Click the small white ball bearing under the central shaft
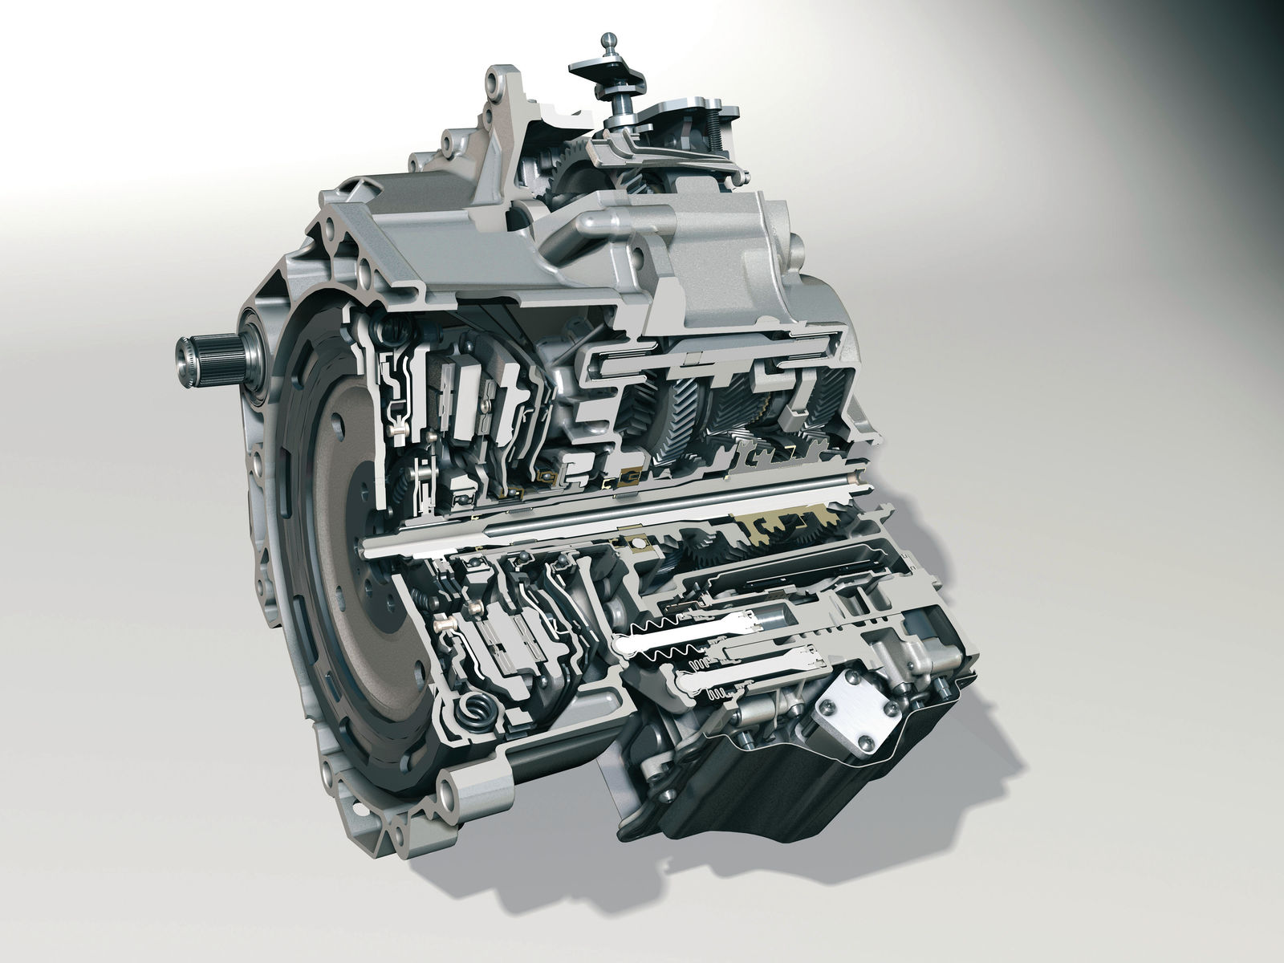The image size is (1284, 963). click(638, 546)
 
